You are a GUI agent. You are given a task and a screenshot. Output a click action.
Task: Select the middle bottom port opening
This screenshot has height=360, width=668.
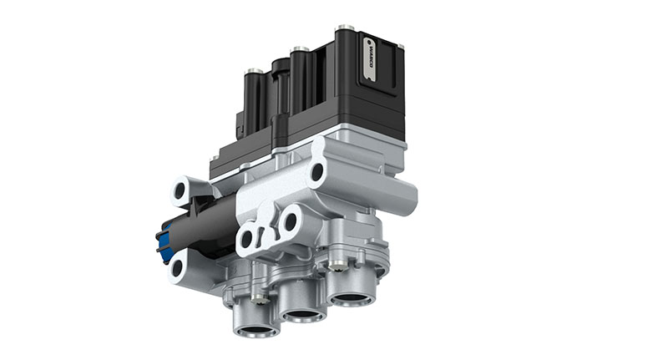point(302,315)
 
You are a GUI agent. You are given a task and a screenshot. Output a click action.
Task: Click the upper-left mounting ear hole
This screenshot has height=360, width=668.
point(180,191)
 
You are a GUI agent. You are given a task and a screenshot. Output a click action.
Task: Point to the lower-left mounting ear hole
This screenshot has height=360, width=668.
point(179,269)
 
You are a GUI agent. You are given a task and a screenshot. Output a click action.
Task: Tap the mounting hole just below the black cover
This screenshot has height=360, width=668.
point(316,173)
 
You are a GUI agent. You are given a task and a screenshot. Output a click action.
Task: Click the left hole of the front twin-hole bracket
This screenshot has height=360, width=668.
point(245,240)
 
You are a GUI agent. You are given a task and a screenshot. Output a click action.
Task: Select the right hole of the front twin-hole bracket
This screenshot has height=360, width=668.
point(290,222)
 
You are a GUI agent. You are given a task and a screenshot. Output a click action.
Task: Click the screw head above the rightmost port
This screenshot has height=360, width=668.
point(337,266)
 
